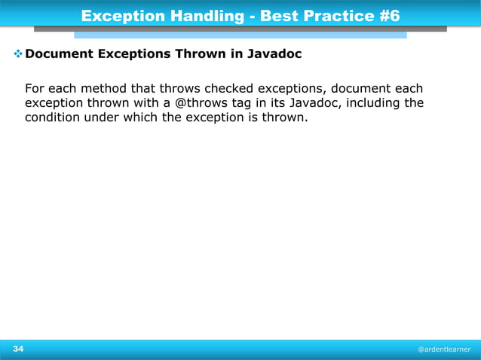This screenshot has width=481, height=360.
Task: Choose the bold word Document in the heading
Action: [x=59, y=55]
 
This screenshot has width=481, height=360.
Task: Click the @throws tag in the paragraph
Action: [x=199, y=102]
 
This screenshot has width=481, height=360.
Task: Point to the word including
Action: [x=372, y=102]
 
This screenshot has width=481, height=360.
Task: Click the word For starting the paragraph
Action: [x=35, y=87]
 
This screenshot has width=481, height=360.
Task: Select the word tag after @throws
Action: [x=240, y=102]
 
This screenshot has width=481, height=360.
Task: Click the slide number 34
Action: [x=17, y=349]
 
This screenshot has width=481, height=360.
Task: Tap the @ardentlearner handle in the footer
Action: [x=444, y=349]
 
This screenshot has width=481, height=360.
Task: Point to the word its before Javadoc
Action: [x=277, y=102]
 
